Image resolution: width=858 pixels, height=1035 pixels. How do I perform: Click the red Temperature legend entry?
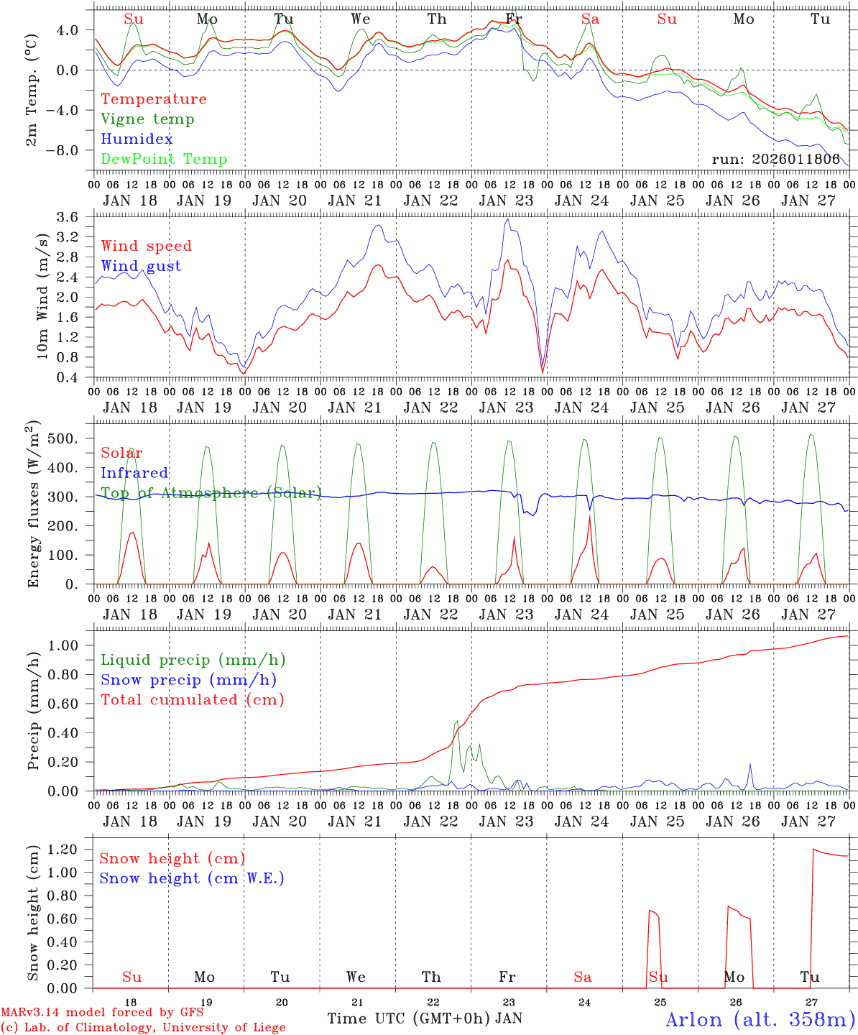point(153,99)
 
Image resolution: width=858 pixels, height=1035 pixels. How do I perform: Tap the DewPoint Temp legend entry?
point(164,160)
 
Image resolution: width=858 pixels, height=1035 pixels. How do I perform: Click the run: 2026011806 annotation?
point(775,160)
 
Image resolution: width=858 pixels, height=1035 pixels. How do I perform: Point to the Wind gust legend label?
point(141,266)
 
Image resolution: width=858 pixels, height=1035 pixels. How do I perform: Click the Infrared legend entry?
point(134,473)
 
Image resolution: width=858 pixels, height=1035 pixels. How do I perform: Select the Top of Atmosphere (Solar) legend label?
point(211,493)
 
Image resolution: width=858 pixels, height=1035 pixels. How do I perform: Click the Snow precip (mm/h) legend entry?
point(188,680)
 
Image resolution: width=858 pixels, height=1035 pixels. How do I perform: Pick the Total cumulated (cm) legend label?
point(192,700)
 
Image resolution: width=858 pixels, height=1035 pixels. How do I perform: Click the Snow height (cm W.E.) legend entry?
point(192,878)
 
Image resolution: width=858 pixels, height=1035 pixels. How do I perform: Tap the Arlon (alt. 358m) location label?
point(760,1019)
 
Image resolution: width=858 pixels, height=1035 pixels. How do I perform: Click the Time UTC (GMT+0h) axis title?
point(409,1018)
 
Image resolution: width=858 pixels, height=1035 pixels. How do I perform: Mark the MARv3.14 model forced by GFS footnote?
point(102,1013)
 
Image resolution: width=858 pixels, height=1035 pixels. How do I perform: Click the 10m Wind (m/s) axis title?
point(42,295)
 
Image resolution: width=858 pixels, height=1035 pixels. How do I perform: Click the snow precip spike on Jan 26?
point(750,765)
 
